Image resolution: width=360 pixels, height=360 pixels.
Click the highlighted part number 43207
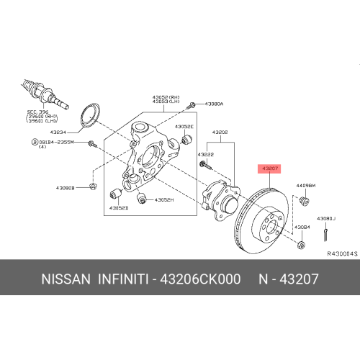pyautogui.click(x=270, y=168)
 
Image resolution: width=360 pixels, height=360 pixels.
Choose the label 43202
pyautogui.click(x=220, y=132)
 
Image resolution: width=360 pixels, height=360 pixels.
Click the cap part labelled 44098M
pyautogui.click(x=305, y=200)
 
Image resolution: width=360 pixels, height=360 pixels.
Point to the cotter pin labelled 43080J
pyautogui.click(x=326, y=233)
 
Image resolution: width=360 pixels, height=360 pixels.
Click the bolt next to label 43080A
pyautogui.click(x=192, y=106)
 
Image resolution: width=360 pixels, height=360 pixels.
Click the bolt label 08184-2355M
pyautogui.click(x=57, y=143)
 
